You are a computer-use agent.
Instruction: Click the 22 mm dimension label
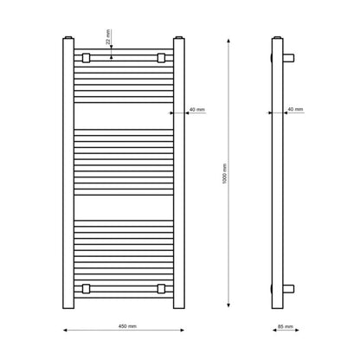point(108,37)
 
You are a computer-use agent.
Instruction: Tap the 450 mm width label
point(127,326)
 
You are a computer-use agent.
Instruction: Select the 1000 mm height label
point(225,174)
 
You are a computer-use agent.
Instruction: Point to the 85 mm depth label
point(286,326)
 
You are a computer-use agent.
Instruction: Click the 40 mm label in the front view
point(197,110)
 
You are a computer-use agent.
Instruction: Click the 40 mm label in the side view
point(295,109)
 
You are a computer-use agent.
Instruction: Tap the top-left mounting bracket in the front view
point(86,58)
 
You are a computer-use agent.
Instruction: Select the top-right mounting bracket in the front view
point(161,58)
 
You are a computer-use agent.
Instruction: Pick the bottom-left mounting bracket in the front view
point(86,289)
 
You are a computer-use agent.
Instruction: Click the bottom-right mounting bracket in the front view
point(161,289)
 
